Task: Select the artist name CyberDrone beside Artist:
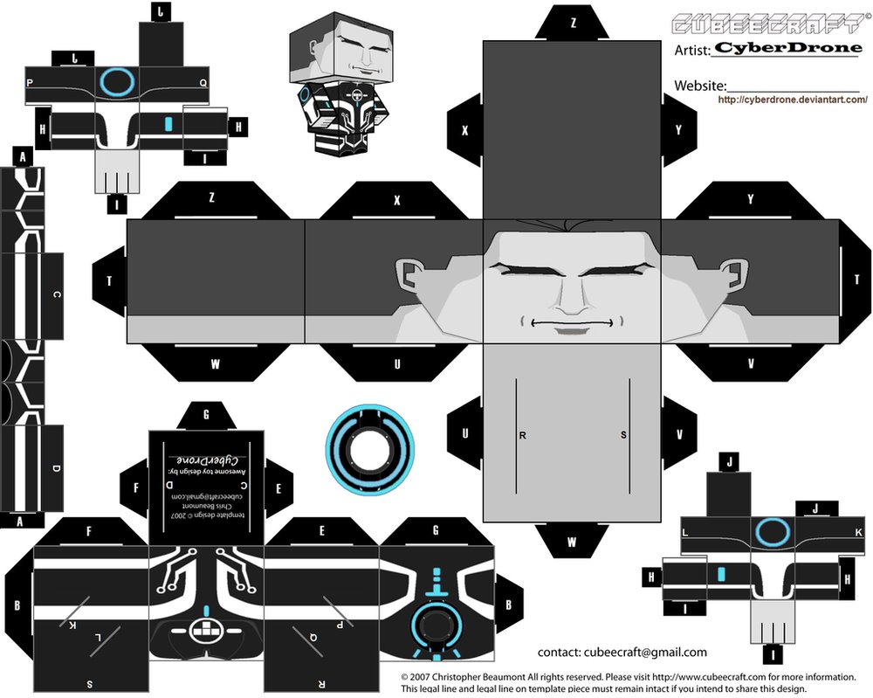(x=787, y=48)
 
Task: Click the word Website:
(x=700, y=86)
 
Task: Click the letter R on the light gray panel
(x=522, y=434)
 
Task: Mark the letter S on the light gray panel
(x=623, y=434)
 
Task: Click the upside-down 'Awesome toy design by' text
(x=207, y=472)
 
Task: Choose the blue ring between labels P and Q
(x=116, y=81)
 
